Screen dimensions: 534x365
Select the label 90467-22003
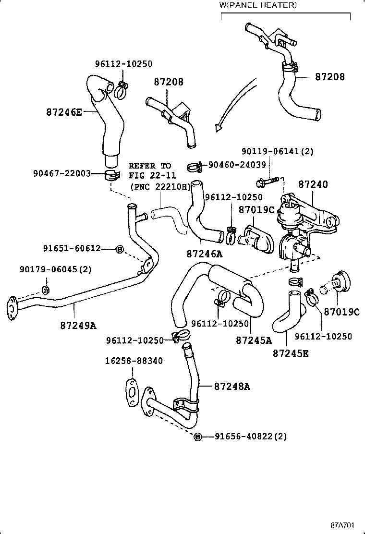[x=62, y=173]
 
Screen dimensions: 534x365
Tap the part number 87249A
[x=78, y=326]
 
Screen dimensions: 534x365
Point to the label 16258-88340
[x=134, y=361]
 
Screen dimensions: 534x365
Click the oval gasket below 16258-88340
[x=131, y=389]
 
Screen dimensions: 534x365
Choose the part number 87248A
[x=232, y=386]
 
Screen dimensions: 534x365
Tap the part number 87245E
[x=291, y=353]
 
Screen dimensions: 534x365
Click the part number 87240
[x=313, y=184]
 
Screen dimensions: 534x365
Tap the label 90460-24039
[x=237, y=165]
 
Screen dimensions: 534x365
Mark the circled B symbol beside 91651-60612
[x=120, y=248]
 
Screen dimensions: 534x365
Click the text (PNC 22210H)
[x=159, y=187]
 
